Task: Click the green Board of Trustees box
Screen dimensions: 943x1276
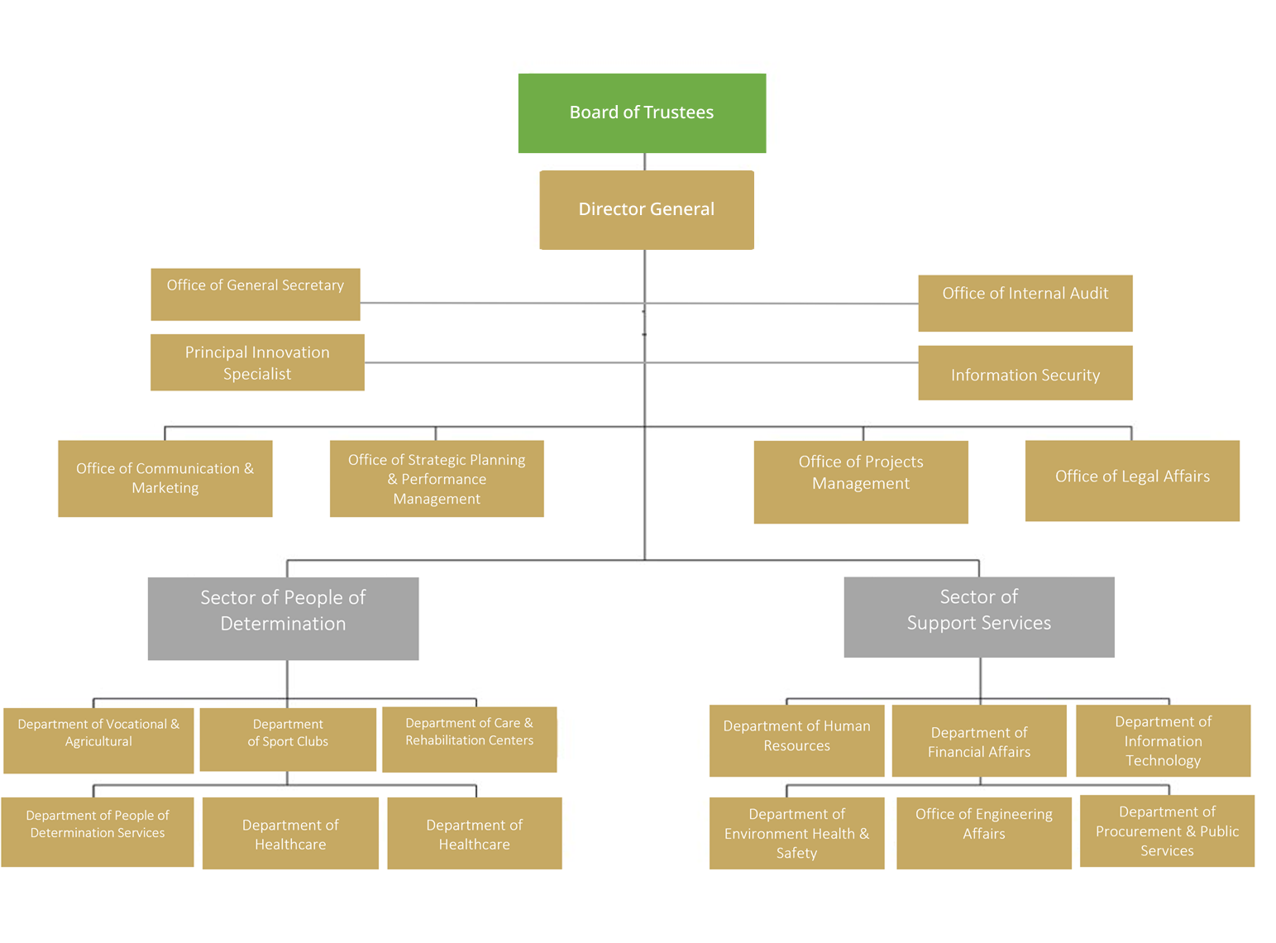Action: pyautogui.click(x=642, y=113)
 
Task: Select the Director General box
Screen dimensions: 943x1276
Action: pyautogui.click(x=646, y=209)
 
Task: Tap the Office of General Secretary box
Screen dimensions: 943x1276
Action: pyautogui.click(x=255, y=294)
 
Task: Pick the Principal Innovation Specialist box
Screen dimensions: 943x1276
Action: pyautogui.click(x=257, y=362)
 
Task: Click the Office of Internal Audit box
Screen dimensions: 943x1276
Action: pyautogui.click(x=1025, y=303)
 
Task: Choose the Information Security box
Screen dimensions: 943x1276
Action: pyautogui.click(x=1025, y=373)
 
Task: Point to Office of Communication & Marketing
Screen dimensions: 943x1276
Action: pyautogui.click(x=165, y=478)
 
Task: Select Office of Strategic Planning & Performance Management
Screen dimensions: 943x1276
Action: pyautogui.click(x=437, y=478)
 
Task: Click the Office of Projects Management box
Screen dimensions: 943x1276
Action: pyautogui.click(x=860, y=481)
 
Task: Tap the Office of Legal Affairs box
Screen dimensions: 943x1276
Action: pyautogui.click(x=1131, y=480)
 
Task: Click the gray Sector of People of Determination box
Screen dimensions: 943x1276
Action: pyautogui.click(x=283, y=618)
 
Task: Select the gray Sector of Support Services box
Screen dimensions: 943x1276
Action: pyautogui.click(x=978, y=616)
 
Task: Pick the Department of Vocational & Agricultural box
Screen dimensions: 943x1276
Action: pyautogui.click(x=98, y=740)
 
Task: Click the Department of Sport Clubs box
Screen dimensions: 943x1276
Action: pyautogui.click(x=288, y=739)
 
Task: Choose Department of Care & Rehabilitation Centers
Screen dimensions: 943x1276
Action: pyautogui.click(x=469, y=739)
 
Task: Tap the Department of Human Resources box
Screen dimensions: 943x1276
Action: pyautogui.click(x=796, y=740)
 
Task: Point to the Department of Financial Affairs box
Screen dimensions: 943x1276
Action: pyautogui.click(x=978, y=740)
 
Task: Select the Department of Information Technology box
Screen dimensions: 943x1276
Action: pyautogui.click(x=1163, y=740)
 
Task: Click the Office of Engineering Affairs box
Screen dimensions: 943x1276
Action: pyautogui.click(x=983, y=832)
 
